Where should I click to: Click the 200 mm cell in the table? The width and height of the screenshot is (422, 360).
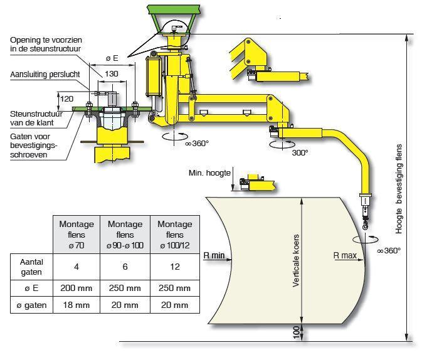pos(76,288)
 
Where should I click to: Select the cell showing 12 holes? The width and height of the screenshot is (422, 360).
pos(175,267)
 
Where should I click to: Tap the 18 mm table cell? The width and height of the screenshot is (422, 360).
pos(76,305)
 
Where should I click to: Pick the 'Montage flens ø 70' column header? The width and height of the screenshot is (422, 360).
pos(76,235)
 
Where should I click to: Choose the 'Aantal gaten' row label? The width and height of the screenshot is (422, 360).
pos(31,267)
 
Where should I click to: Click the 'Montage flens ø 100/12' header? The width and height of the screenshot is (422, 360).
pos(175,235)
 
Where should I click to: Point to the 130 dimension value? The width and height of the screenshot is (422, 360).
pos(112,74)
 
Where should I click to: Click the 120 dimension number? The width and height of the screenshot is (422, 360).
pos(66,99)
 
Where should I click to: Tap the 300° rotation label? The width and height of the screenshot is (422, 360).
pos(300,152)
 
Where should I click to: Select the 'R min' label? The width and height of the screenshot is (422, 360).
pos(214,255)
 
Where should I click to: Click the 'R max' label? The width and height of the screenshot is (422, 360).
pos(345,255)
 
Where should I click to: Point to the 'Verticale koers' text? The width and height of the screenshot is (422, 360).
pos(296,260)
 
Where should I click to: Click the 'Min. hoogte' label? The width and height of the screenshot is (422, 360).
pos(209,172)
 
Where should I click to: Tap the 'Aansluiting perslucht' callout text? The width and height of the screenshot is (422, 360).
pos(45,74)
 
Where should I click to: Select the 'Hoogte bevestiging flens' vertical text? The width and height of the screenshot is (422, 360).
pos(399,189)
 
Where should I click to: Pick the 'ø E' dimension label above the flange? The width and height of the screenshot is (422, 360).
pos(112,58)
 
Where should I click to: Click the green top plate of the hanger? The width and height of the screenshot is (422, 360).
pos(174,9)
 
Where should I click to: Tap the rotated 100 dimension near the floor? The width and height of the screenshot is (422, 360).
pos(297,332)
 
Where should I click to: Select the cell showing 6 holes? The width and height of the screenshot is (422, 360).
pos(125,267)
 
